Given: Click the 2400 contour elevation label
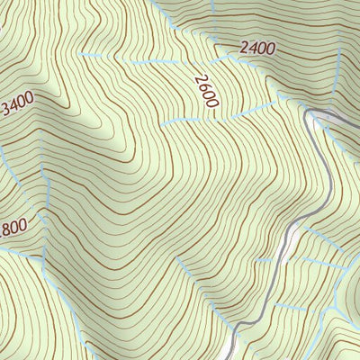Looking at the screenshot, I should (x=258, y=49).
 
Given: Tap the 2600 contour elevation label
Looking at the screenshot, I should (x=206, y=92).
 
